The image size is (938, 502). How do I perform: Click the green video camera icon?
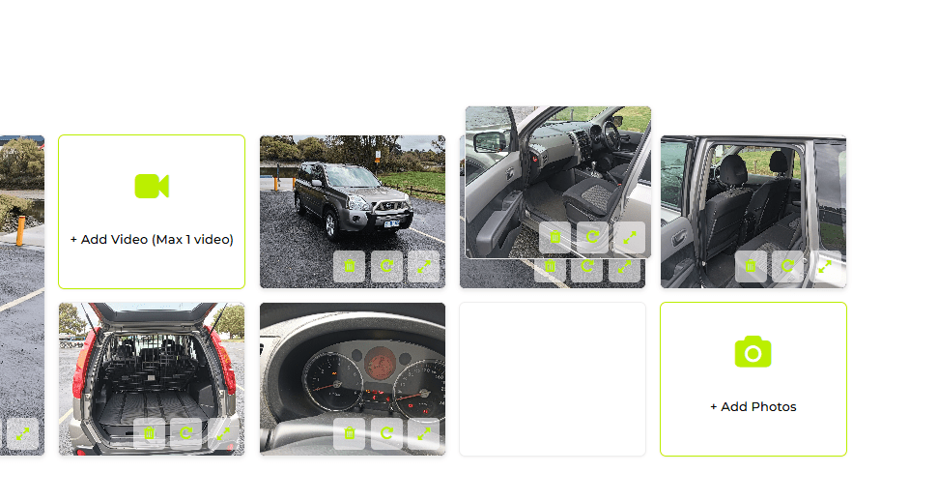pos(152,187)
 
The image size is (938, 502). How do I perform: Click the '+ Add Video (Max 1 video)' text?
pos(152,240)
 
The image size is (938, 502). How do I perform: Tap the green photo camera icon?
pos(753,352)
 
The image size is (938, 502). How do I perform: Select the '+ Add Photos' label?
pos(753,407)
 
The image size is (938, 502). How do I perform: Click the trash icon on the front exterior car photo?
pos(350,266)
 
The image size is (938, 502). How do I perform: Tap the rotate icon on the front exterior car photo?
pos(387,266)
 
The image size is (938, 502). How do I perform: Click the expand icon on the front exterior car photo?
pos(424,266)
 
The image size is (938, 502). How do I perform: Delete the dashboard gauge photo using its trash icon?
pos(350,433)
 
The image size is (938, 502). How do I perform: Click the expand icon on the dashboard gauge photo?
pos(424,433)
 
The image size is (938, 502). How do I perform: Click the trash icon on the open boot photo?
pos(149,433)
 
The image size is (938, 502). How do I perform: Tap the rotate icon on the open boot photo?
pos(186,433)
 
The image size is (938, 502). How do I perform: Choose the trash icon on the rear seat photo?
pos(751,266)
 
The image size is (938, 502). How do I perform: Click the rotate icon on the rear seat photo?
pos(788,266)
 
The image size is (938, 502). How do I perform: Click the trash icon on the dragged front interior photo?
pos(555,237)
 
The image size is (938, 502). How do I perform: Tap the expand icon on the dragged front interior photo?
pos(629,237)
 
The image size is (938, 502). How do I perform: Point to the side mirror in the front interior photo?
pos(490,142)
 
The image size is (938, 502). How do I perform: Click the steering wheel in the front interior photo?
pos(611,135)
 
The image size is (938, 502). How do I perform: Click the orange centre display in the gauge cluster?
pos(380,363)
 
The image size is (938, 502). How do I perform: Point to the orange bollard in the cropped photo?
pos(21,230)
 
